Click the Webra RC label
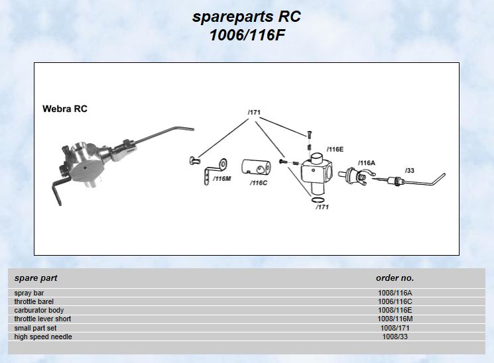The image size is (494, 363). point(65,109)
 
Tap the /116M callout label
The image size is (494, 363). point(223,179)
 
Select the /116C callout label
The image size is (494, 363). point(259,183)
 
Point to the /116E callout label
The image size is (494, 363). point(336,149)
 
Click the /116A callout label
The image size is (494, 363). point(367,162)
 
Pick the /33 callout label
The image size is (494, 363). point(409,170)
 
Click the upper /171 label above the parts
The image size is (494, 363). point(254,113)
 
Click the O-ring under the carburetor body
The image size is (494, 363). point(317,199)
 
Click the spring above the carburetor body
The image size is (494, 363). point(309,145)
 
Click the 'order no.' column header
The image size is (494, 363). point(395,278)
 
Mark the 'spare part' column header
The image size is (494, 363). point(36,278)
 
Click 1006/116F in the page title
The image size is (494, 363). point(247,35)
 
